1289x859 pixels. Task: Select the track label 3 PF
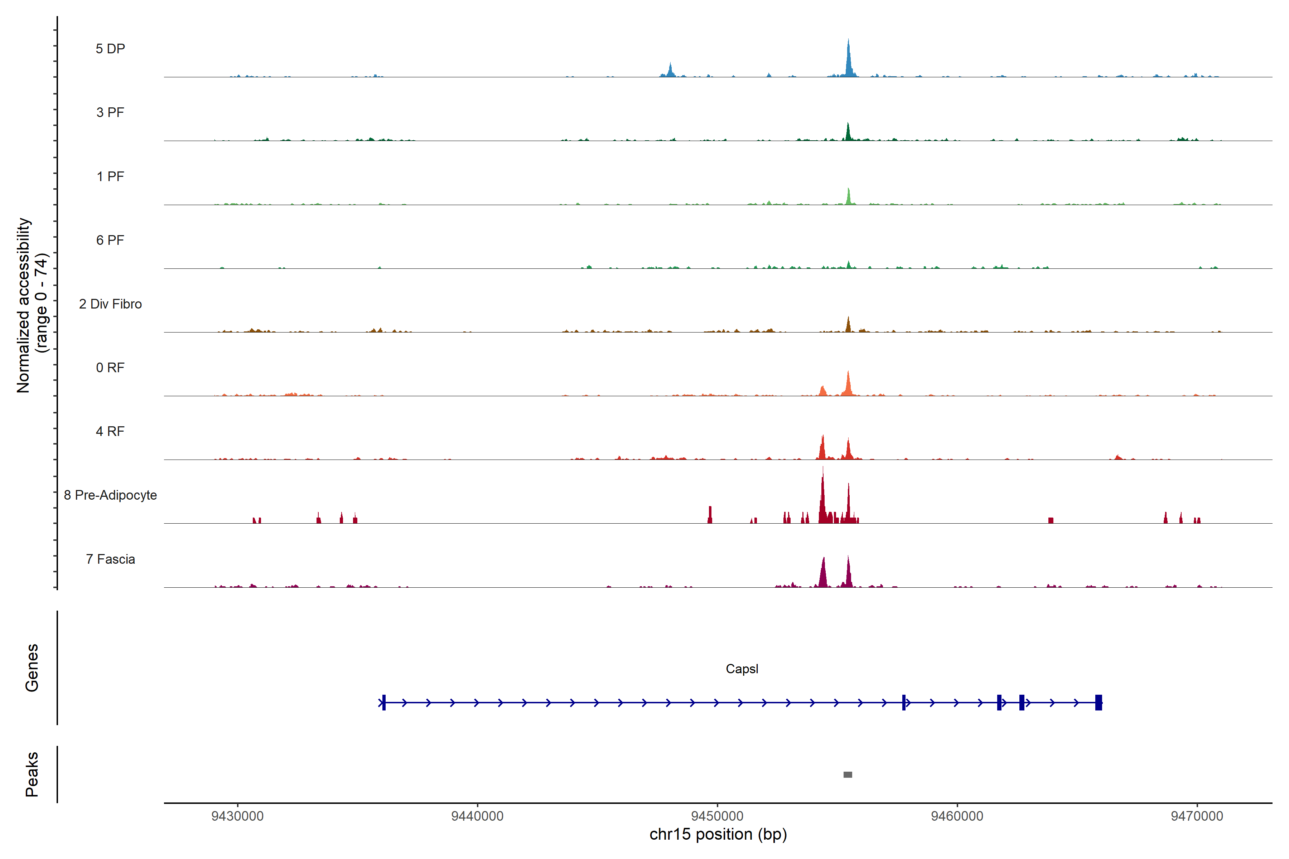pos(110,112)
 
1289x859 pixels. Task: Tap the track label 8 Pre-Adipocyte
pos(110,495)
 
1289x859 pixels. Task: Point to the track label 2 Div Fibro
pos(110,304)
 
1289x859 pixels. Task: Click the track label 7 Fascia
pos(110,559)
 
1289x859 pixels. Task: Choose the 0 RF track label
pos(110,368)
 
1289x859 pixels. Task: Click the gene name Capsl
pos(742,669)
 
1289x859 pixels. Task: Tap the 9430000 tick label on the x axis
pos(237,816)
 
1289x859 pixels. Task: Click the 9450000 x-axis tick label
pos(718,816)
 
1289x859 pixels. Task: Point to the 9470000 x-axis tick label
pos(1197,816)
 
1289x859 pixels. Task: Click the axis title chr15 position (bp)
pos(718,834)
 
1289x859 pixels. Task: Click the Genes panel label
pos(32,668)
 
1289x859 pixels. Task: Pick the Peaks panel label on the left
pos(32,774)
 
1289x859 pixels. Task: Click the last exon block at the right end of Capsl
pos(1098,702)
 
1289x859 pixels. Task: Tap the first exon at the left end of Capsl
pos(383,702)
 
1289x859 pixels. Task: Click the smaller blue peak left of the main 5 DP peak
pos(670,71)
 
